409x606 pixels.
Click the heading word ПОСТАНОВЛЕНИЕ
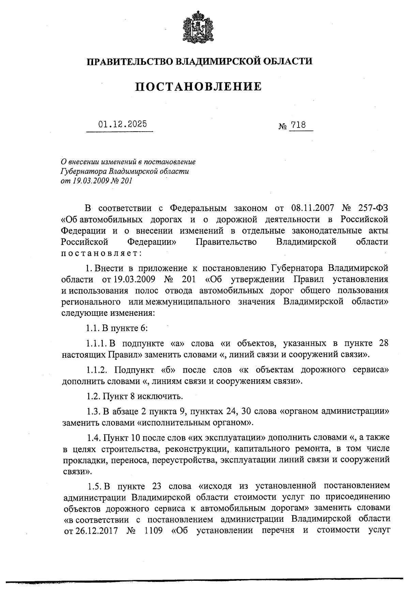pyautogui.click(x=199, y=87)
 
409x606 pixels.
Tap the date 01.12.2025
pyautogui.click(x=123, y=124)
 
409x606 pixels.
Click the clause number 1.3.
pyautogui.click(x=93, y=411)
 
